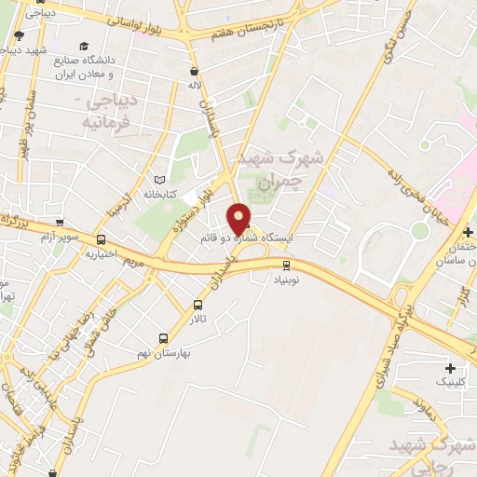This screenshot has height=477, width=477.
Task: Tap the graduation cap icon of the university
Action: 85,46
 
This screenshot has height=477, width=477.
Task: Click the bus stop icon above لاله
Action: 194,71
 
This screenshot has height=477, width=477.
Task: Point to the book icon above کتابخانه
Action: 158,179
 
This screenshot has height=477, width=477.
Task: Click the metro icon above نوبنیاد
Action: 287,266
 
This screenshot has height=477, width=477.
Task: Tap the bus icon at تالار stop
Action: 198,305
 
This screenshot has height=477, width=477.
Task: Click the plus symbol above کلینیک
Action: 451,368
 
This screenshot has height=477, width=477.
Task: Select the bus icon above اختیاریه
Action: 101,240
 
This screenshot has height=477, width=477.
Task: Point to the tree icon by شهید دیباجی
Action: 19,36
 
